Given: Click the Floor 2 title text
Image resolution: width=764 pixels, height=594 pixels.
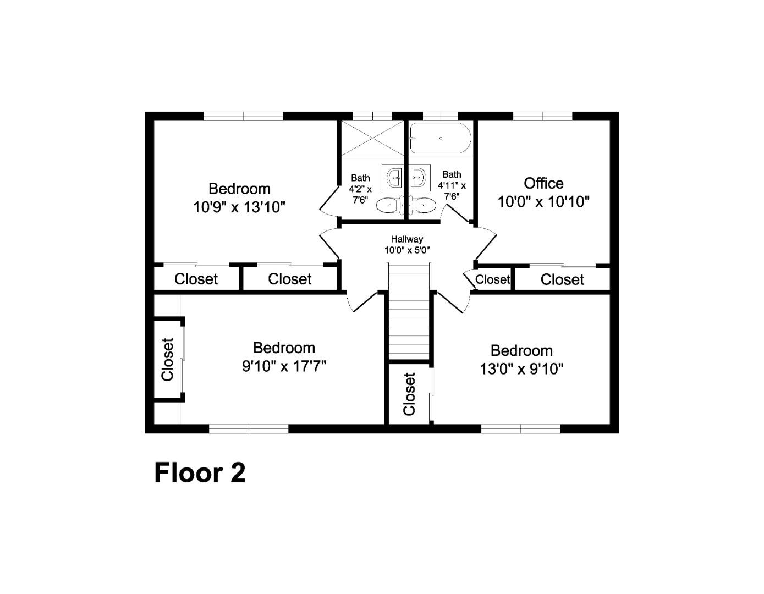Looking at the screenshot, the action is pyautogui.click(x=199, y=473).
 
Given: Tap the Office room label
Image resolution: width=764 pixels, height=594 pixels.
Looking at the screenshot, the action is pyautogui.click(x=543, y=183).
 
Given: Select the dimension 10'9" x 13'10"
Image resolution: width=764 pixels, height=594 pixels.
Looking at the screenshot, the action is pyautogui.click(x=239, y=207).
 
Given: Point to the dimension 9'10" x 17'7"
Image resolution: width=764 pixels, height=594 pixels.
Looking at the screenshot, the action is pyautogui.click(x=284, y=366).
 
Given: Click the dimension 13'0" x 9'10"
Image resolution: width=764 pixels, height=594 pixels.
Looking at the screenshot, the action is pyautogui.click(x=521, y=369).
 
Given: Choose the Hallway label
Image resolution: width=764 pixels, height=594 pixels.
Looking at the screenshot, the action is pyautogui.click(x=407, y=239).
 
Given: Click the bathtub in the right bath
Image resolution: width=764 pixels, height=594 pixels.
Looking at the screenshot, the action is pyautogui.click(x=440, y=138).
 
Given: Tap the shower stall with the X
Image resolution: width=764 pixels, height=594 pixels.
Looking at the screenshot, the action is pyautogui.click(x=373, y=138).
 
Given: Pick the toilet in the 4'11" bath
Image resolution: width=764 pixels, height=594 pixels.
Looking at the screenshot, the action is pyautogui.click(x=422, y=205).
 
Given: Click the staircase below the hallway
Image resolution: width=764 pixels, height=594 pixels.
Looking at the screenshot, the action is pyautogui.click(x=409, y=311).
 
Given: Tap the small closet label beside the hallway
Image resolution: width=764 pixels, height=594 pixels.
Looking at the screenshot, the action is pyautogui.click(x=492, y=279).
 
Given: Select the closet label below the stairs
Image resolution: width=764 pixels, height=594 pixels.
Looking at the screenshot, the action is pyautogui.click(x=410, y=394).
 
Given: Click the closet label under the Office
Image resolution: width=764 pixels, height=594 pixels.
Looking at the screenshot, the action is pyautogui.click(x=562, y=280).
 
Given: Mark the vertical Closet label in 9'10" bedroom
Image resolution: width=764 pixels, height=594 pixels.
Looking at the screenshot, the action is pyautogui.click(x=168, y=360).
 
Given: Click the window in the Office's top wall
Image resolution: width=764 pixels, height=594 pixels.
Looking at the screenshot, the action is pyautogui.click(x=543, y=116).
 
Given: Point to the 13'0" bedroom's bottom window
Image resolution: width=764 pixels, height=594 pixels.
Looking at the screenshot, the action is pyautogui.click(x=521, y=429).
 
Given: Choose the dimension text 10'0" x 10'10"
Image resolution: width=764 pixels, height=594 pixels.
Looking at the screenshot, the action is pyautogui.click(x=543, y=202).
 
